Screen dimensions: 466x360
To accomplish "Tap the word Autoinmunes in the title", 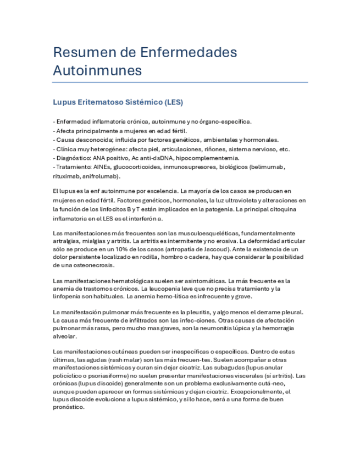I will (97, 71).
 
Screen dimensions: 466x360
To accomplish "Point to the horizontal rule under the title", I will (180, 82).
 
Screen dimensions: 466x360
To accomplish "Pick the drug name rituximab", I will (66, 176).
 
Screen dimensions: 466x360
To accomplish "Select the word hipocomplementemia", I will (204, 158).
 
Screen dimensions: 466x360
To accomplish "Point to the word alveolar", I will (65, 336).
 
